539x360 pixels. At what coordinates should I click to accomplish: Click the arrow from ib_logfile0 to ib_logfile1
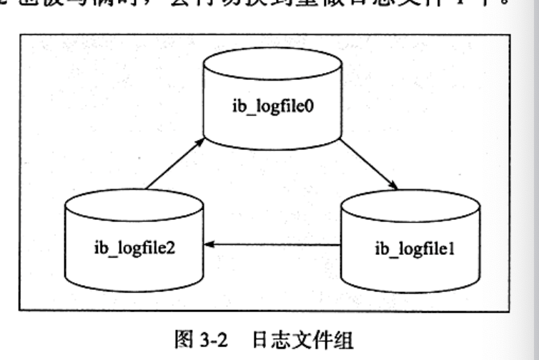pos(368,164)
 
